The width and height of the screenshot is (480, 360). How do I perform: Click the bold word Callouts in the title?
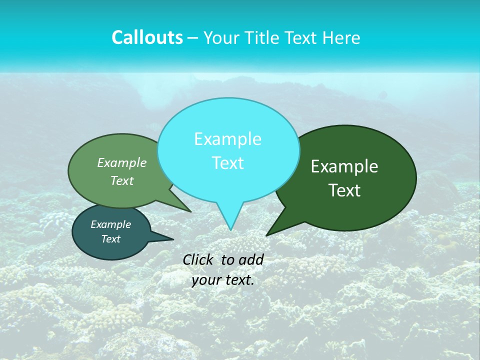[x=147, y=37]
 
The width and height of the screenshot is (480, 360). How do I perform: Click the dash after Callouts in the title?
[x=193, y=38]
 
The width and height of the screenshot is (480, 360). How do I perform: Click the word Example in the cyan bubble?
[x=227, y=138]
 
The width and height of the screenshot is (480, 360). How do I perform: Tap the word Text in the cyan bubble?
[x=227, y=162]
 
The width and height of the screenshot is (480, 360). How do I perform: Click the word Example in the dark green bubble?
[x=344, y=166]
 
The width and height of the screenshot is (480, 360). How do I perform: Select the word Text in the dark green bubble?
[x=344, y=190]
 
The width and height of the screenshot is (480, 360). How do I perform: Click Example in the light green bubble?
[x=122, y=162]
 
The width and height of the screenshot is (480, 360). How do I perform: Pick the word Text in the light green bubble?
[x=122, y=180]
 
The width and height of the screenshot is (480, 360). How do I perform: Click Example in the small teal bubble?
[x=110, y=224]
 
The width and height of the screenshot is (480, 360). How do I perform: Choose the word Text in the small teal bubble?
[x=110, y=239]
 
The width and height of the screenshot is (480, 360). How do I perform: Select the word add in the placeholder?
[x=251, y=259]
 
